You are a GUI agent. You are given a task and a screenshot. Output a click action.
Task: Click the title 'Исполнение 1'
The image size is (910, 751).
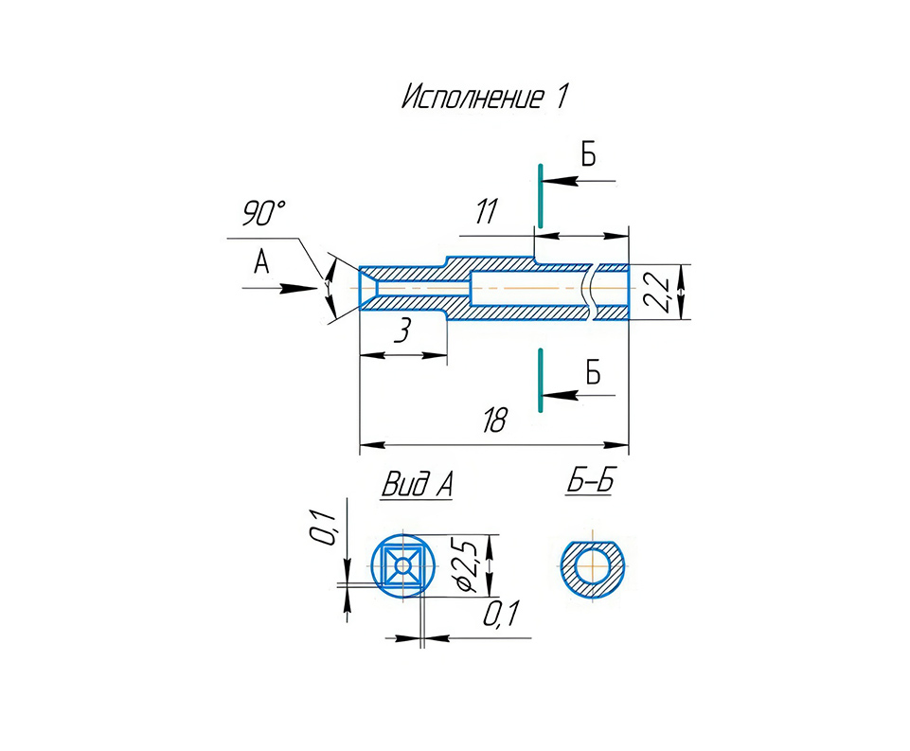pyautogui.click(x=485, y=97)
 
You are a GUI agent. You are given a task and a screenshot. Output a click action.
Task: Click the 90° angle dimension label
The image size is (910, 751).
pyautogui.click(x=263, y=214)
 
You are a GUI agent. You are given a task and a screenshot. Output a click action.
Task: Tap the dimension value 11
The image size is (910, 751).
pyautogui.click(x=487, y=211)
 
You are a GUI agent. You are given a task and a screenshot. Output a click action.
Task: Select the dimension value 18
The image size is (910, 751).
pyautogui.click(x=495, y=420)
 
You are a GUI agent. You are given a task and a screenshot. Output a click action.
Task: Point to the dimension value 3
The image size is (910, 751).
pyautogui.click(x=402, y=331)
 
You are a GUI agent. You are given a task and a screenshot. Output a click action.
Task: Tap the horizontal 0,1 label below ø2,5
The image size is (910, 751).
pyautogui.click(x=501, y=614)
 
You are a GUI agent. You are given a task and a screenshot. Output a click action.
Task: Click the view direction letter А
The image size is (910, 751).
pyautogui.click(x=261, y=261)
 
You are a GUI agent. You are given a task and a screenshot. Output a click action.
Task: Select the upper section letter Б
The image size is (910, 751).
pyautogui.click(x=588, y=154)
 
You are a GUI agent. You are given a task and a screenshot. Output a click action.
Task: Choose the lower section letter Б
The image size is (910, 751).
pyautogui.click(x=593, y=372)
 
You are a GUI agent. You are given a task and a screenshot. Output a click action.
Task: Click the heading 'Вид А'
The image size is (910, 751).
pyautogui.click(x=418, y=484)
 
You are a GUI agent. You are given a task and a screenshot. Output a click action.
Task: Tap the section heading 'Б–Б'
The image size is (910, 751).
pyautogui.click(x=590, y=481)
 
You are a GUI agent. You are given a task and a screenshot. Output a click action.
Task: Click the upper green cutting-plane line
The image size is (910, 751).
pyautogui.click(x=541, y=196)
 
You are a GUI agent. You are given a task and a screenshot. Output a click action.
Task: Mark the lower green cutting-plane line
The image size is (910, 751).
pyautogui.click(x=541, y=380)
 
